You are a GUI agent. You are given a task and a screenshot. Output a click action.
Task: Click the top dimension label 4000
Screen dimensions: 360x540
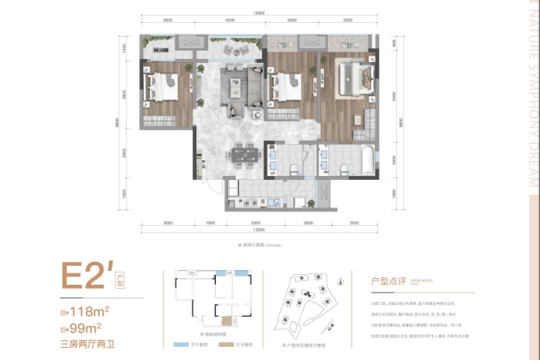pyautogui.click(x=230, y=20)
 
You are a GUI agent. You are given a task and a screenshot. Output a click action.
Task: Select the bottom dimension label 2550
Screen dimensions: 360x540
pyautogui.click(x=354, y=223)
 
